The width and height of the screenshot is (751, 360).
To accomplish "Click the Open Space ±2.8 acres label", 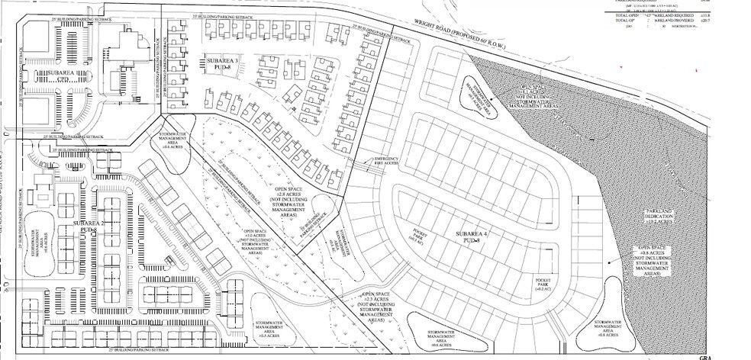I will point(298,199).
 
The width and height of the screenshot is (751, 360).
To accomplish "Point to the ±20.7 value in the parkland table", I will point(743,21).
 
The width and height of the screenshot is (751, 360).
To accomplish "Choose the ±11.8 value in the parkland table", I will point(743,13).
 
